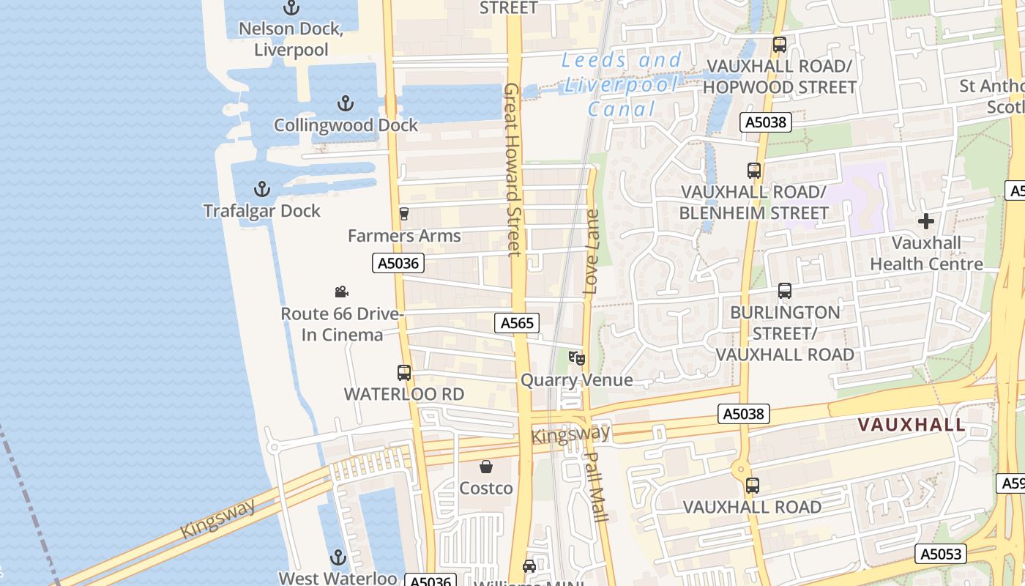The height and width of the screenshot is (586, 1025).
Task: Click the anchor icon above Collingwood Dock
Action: pos(345,103)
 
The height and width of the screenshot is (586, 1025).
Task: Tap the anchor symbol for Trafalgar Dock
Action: pos(261,189)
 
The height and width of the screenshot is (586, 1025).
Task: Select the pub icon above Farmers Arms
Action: pos(403,214)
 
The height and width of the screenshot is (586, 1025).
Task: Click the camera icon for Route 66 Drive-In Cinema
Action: pos(341,292)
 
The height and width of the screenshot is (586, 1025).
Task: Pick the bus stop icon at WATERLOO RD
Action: pos(404,372)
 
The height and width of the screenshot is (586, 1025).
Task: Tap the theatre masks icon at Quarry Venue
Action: pos(577,358)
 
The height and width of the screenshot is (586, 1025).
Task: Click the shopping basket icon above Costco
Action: pos(486,467)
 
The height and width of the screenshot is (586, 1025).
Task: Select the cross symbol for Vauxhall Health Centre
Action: pos(926,221)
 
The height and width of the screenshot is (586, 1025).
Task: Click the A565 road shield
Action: pos(517,323)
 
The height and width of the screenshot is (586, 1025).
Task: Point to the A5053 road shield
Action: pos(941,554)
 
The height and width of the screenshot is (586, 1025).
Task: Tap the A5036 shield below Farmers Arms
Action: pos(398,263)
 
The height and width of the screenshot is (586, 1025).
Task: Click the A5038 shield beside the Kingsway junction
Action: pos(743,414)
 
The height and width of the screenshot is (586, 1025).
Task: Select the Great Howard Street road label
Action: pos(512,170)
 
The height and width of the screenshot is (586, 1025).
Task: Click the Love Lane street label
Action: pos(592,252)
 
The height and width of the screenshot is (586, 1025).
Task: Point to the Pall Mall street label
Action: pos(597,486)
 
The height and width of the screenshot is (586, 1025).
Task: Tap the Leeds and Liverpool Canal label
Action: pos(622,84)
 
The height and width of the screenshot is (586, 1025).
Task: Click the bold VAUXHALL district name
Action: pos(912,425)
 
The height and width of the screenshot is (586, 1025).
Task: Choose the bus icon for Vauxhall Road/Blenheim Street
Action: pos(754,171)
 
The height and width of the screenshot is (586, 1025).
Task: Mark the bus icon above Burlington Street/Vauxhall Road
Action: pos(785,291)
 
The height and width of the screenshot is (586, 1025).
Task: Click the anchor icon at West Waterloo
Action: pos(338,557)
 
